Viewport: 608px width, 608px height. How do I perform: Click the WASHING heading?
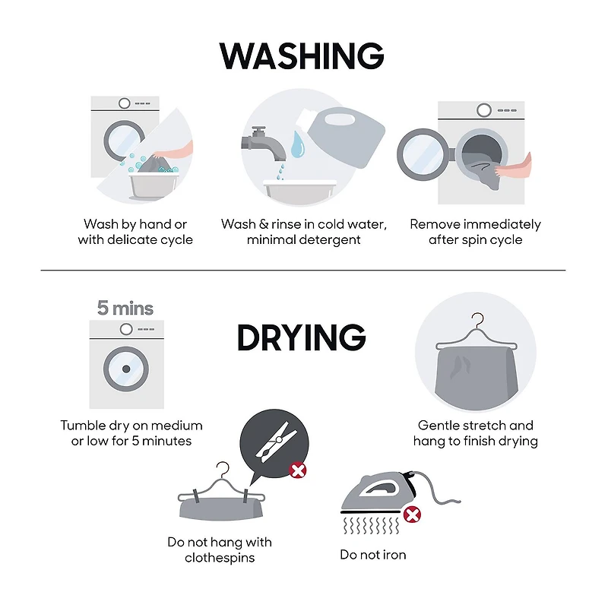[302, 55]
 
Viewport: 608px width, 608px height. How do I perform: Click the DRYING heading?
[302, 337]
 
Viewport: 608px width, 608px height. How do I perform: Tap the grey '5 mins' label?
[125, 309]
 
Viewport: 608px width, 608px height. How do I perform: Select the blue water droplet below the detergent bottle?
[298, 144]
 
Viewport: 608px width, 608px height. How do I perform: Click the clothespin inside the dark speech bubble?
[276, 442]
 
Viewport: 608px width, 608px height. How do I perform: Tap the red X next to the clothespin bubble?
[298, 470]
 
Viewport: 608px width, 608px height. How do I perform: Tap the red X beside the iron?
[412, 515]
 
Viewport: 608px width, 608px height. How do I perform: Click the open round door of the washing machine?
[423, 154]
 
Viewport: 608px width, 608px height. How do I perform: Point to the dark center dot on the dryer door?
[126, 369]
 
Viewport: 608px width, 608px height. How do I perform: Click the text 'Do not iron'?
[373, 555]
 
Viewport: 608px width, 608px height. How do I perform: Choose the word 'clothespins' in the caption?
[220, 558]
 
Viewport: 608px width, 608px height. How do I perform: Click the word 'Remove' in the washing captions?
[435, 224]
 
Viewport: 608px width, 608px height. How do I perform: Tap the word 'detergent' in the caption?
[331, 240]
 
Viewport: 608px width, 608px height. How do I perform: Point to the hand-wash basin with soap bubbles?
[154, 185]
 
